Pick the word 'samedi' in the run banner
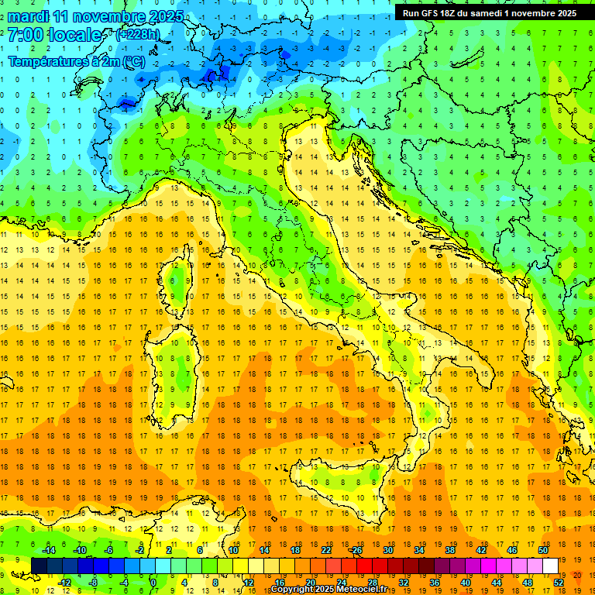point(487,13)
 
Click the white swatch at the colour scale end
point(550,566)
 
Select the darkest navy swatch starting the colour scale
point(40,566)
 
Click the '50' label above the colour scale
point(543,550)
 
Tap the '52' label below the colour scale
point(559,582)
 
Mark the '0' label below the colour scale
point(153,582)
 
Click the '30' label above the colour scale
point(388,550)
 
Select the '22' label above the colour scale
point(326,550)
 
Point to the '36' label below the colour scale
point(435,582)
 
